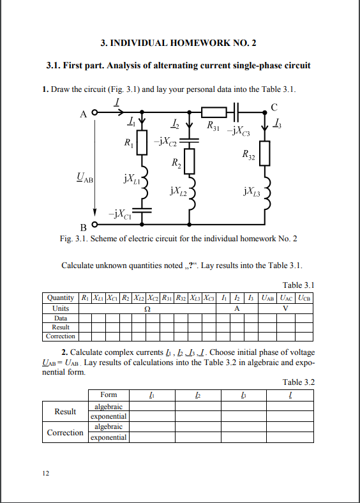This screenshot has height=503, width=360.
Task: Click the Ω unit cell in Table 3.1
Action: click(148, 308)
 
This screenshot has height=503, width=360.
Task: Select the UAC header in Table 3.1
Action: click(285, 297)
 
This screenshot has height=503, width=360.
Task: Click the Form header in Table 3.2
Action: click(109, 394)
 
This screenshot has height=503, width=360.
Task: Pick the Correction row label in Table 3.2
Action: click(65, 432)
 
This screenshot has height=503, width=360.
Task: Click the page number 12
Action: click(45, 474)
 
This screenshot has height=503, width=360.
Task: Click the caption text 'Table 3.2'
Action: click(298, 382)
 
